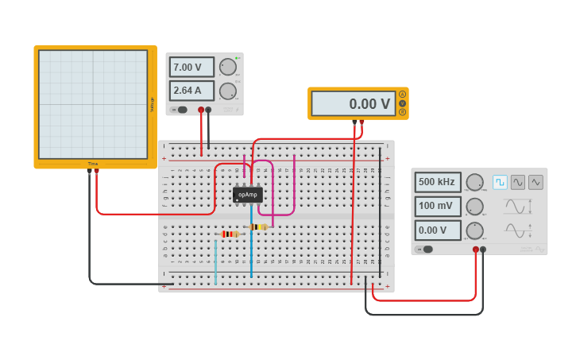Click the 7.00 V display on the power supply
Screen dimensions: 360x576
coord(191,67)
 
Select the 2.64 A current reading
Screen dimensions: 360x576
coord(191,90)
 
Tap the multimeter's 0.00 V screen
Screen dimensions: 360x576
coord(353,103)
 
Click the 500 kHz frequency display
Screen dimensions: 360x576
coord(437,182)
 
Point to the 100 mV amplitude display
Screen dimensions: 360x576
coord(437,207)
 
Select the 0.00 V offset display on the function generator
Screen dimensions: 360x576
coord(437,230)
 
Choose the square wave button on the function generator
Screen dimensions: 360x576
coord(500,182)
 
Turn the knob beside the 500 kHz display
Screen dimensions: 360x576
coord(474,182)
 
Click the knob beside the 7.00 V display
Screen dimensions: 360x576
coord(227,67)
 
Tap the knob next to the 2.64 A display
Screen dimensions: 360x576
coord(227,91)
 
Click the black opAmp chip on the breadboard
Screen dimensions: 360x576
coord(248,195)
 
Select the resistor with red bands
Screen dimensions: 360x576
coord(230,234)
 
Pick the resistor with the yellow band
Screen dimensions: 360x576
coord(258,226)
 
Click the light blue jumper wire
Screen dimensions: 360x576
coord(215,262)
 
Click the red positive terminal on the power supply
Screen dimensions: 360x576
coord(201,110)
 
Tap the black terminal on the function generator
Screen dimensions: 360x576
coord(483,250)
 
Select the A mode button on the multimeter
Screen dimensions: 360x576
coord(402,95)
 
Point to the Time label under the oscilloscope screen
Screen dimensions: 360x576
coord(93,164)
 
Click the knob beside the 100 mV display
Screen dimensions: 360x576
coord(474,207)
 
